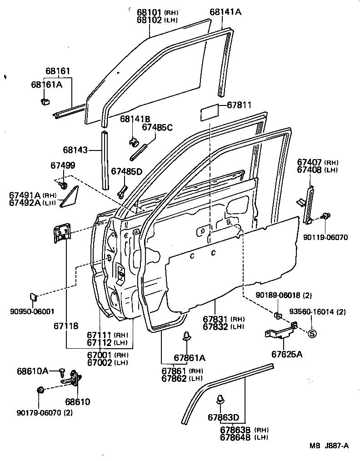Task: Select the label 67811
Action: coord(236,105)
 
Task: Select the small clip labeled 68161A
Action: coord(45,100)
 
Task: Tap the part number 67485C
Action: coord(157,127)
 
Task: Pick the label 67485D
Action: coord(127,171)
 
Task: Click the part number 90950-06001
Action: coord(32,311)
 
